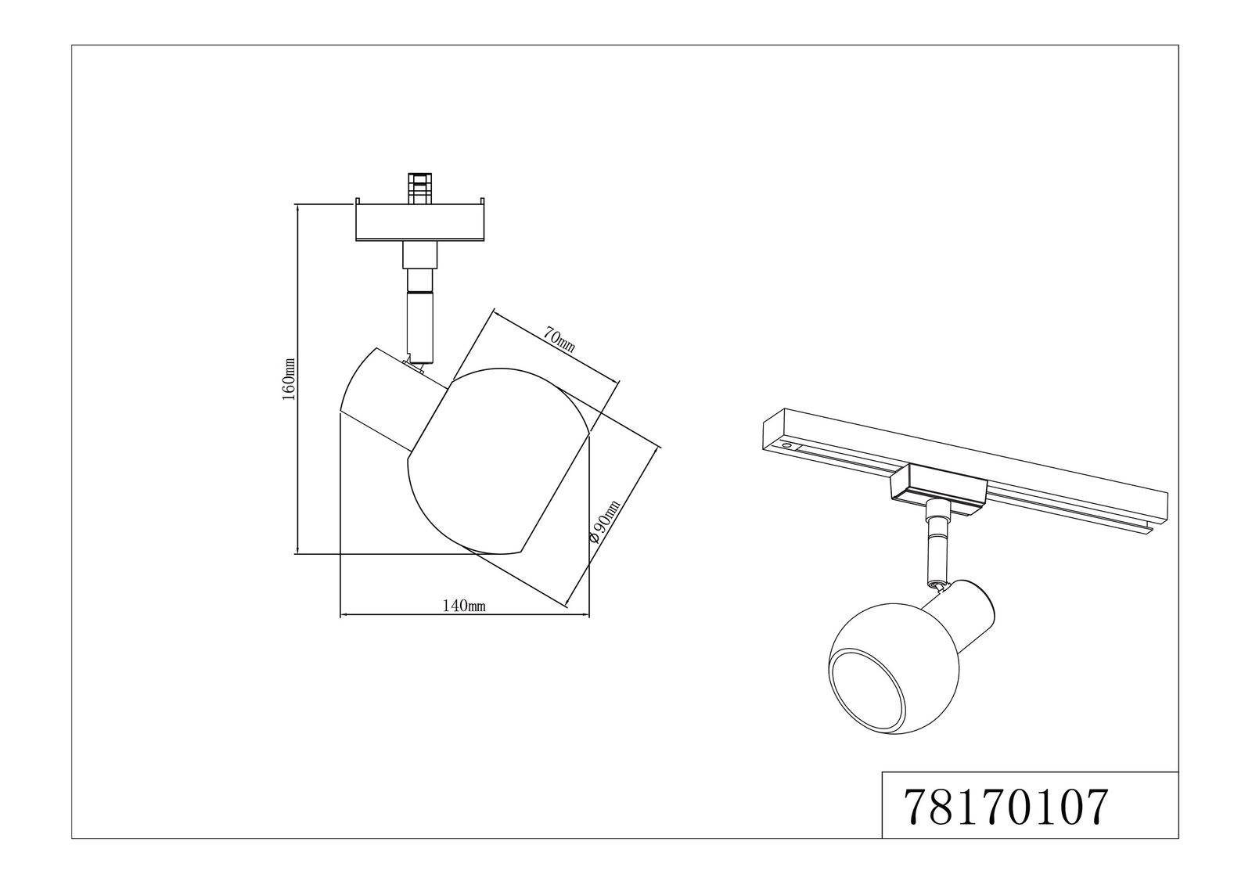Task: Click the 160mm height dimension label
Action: pos(289,380)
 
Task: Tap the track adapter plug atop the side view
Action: pos(419,188)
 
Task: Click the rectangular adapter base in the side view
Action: pos(421,223)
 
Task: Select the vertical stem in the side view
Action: pos(418,305)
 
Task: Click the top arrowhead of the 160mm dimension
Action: pos(298,208)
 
